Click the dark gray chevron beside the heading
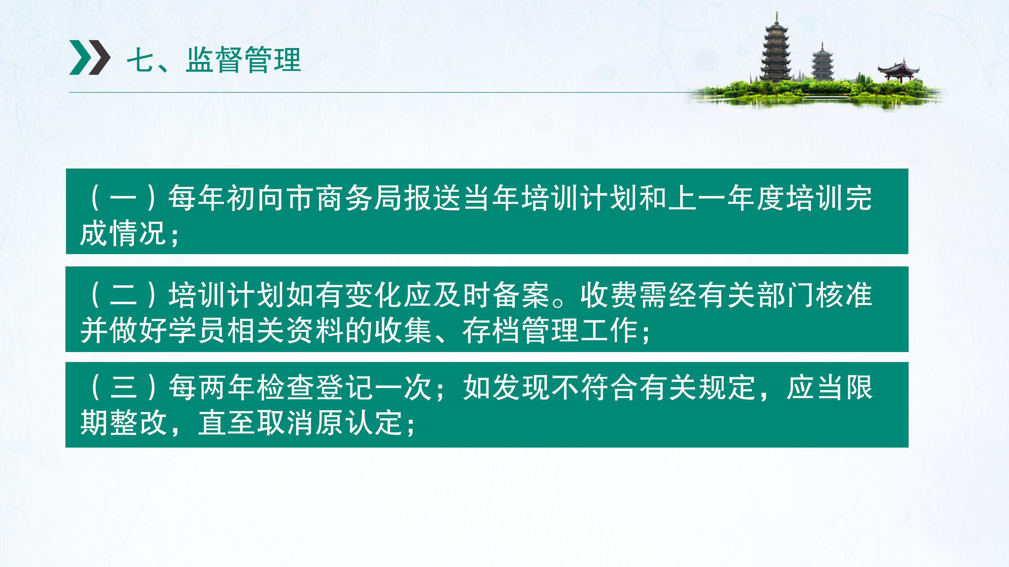99,57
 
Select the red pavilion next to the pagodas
898,71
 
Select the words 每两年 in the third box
212,387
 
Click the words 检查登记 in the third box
315,387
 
